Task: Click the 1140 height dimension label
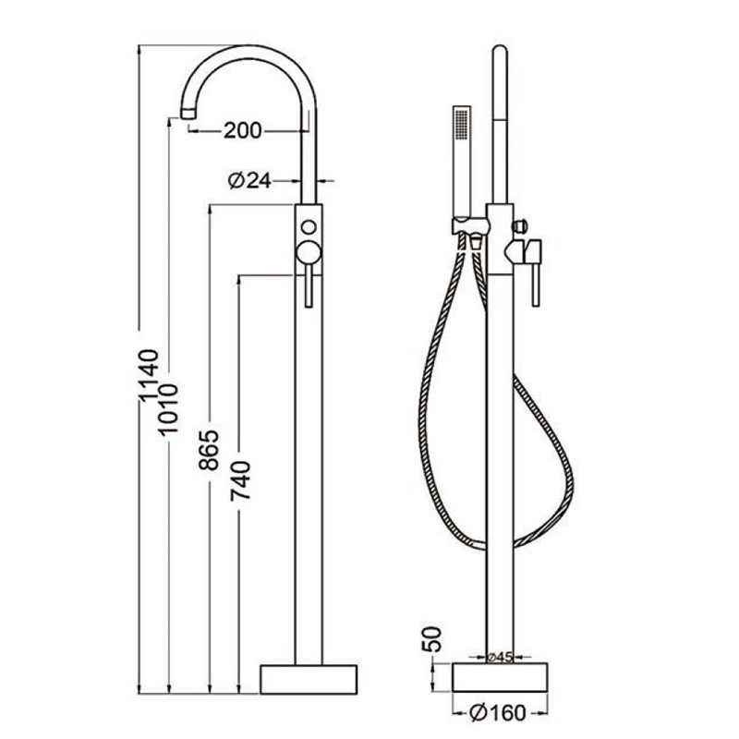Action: [148, 376]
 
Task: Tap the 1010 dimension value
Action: [168, 409]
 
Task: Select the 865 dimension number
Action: [210, 450]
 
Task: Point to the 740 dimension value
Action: [240, 480]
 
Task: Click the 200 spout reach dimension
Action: [242, 130]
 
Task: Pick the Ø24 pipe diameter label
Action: [249, 180]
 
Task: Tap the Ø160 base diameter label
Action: [498, 712]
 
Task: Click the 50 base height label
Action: [431, 638]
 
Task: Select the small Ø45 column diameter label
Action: [499, 657]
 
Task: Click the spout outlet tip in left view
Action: [188, 113]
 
